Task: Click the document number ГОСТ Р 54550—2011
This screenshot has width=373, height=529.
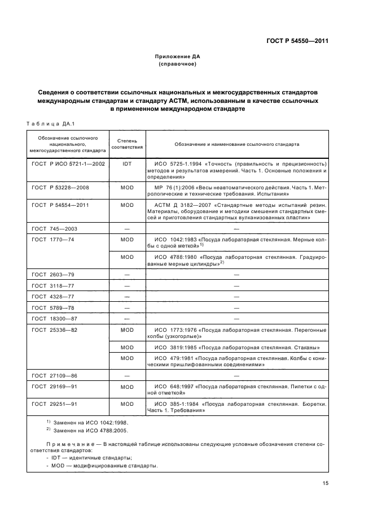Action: coord(297,41)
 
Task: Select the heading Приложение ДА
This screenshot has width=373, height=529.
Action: coord(178,57)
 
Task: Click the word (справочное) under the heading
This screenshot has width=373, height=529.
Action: coord(178,64)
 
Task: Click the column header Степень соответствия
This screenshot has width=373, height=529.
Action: coord(127,144)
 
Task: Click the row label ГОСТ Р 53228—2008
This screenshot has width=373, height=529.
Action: coord(60,187)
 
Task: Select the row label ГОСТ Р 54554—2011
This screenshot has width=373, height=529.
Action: coord(60,205)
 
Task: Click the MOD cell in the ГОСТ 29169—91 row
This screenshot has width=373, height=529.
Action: coord(127,387)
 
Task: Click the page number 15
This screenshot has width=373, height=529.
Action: coord(326,483)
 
